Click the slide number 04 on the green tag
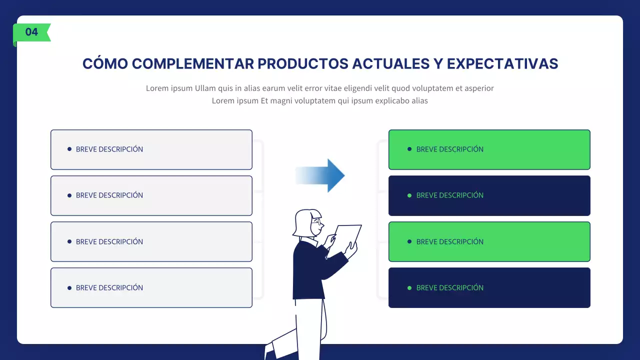[31, 32]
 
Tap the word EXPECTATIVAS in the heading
[502, 64]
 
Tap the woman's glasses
[317, 222]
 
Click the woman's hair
[303, 222]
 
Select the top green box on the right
[489, 149]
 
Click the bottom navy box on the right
[489, 287]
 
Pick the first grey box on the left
[151, 149]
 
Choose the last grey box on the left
[151, 287]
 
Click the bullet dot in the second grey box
[69, 195]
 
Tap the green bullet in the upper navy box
[409, 195]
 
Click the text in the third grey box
[109, 241]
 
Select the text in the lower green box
[449, 241]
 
